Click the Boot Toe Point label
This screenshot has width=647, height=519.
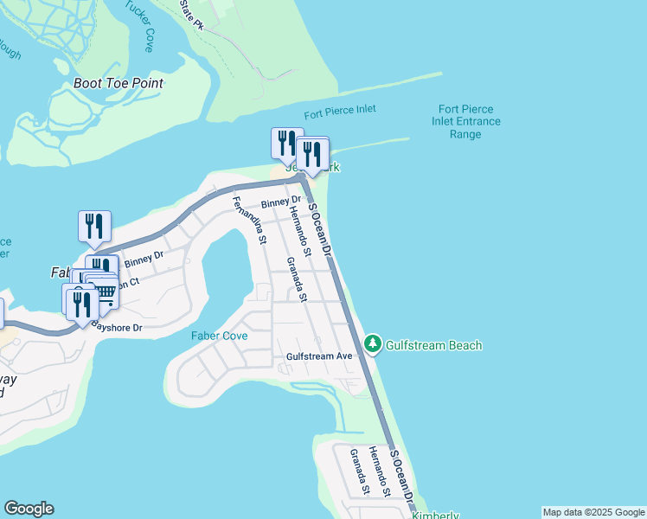pyautogui.click(x=119, y=84)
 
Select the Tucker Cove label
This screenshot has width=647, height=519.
pyautogui.click(x=138, y=26)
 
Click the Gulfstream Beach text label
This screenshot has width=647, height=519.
pyautogui.click(x=433, y=345)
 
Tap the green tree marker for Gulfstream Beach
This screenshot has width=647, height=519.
pyautogui.click(x=373, y=344)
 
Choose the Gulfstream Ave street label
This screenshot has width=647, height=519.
pyautogui.click(x=320, y=356)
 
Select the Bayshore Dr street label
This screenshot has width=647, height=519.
pyautogui.click(x=116, y=328)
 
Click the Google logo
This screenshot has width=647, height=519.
pyautogui.click(x=29, y=509)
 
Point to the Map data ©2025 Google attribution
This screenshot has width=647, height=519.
pyautogui.click(x=593, y=512)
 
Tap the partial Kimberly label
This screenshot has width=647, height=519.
pyautogui.click(x=435, y=516)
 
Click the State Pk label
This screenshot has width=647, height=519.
pyautogui.click(x=190, y=10)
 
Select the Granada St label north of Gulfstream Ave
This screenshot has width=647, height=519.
pyautogui.click(x=298, y=279)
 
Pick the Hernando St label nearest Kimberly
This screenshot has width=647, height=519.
pyautogui.click(x=380, y=471)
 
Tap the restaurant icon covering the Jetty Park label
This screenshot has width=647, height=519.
pyautogui.click(x=312, y=153)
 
